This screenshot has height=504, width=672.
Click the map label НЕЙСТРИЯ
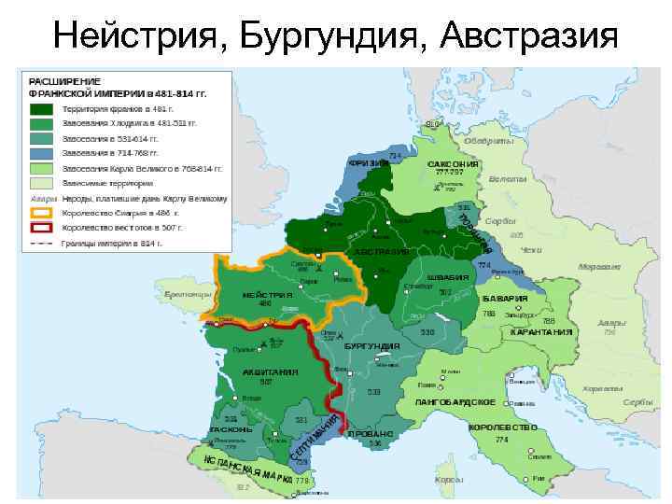click(268, 295)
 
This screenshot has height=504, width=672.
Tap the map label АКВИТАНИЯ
click(270, 371)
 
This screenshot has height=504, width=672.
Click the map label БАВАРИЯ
click(506, 299)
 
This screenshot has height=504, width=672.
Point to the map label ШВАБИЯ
click(447, 277)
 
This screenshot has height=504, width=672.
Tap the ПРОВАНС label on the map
click(371, 434)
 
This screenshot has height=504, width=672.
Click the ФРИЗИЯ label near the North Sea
click(369, 163)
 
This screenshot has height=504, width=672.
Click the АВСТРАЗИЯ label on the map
click(381, 253)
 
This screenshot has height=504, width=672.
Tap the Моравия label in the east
click(598, 266)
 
